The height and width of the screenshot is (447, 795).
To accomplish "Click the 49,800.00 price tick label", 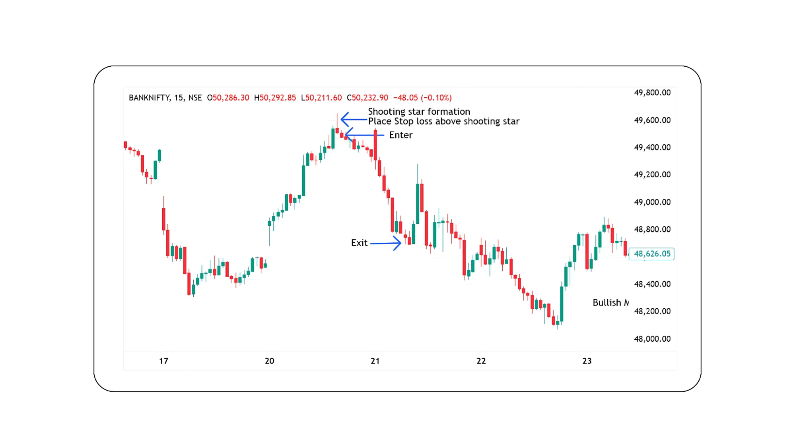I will tap(652, 93).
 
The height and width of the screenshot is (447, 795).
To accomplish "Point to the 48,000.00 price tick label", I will tap(652, 339).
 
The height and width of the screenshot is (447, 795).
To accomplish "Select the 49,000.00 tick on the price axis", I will tap(652, 202).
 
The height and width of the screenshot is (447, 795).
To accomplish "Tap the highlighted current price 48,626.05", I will tap(651, 254).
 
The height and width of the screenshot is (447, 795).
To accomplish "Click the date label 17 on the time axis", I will tap(163, 361).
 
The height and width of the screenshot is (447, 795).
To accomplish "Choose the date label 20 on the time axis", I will tap(269, 361).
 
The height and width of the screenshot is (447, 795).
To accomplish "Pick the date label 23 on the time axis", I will tap(587, 361).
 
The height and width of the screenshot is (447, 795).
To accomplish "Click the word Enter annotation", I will tap(400, 135).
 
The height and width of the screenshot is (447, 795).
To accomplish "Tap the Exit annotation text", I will tap(359, 243).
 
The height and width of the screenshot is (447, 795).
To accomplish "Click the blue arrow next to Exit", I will tap(386, 243).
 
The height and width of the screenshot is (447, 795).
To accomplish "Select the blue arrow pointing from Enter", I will tap(364, 135).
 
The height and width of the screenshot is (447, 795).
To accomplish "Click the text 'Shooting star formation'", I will tap(419, 112).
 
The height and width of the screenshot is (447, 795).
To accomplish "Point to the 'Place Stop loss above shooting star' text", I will tap(443, 121).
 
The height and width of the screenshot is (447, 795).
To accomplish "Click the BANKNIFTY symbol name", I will tap(150, 98).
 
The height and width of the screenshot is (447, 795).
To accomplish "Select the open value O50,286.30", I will tap(228, 98).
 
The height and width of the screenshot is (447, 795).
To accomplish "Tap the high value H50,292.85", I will tap(275, 98).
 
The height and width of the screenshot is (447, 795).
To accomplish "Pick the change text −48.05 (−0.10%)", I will tap(422, 98).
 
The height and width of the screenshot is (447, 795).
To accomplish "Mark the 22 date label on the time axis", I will tap(481, 361).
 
